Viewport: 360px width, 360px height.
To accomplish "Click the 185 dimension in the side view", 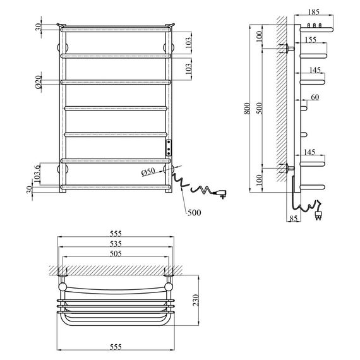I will click(315, 12).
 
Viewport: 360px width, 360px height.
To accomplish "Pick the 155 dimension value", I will click(312, 40).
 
